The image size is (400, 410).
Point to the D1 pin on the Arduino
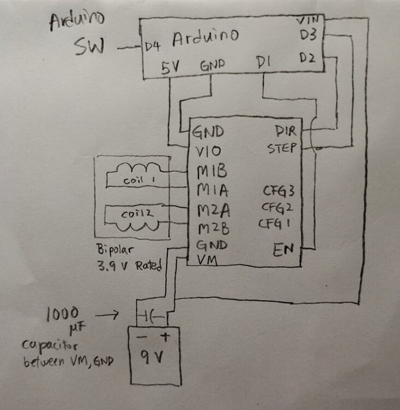tap(265, 65)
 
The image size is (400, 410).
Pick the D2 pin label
tap(307, 57)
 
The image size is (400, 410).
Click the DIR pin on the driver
tap(286, 132)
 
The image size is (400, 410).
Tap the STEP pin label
tap(282, 149)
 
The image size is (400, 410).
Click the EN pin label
tap(284, 250)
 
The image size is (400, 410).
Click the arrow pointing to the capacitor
tap(109, 315)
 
